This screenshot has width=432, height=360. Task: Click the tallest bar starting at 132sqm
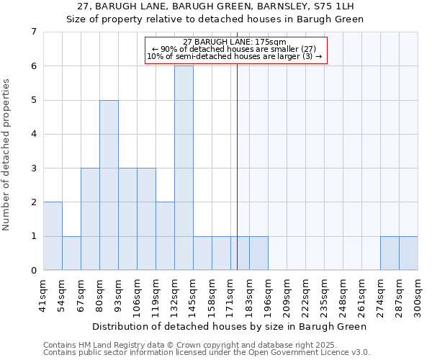[184, 168]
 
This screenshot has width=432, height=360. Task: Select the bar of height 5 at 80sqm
[109, 185]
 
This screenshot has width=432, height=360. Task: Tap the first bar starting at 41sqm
[53, 236]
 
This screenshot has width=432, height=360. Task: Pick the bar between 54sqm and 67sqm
[71, 253]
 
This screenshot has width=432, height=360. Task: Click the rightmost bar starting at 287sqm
[408, 253]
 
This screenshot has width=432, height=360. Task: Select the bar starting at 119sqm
[165, 236]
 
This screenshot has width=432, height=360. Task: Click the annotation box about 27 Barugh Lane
[236, 50]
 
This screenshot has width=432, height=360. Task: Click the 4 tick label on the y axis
[33, 134]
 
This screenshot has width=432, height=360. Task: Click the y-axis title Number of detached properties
[6, 156]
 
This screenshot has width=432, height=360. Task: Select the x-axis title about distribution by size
[230, 326]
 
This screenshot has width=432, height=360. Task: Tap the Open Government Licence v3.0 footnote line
[207, 353]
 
